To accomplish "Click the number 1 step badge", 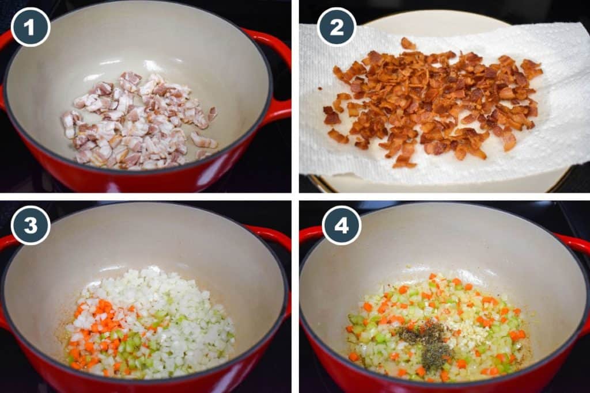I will tap(31, 27).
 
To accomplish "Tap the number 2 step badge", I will tap(336, 26).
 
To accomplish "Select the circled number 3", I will tap(31, 225).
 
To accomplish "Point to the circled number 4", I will tap(342, 225).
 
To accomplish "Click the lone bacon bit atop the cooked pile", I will tap(408, 43).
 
